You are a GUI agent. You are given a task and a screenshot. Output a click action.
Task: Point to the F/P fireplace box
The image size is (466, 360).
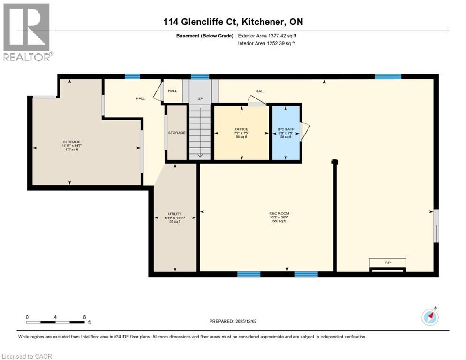(x=387, y=263)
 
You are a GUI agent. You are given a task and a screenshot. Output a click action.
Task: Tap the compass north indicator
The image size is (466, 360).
(x=429, y=317)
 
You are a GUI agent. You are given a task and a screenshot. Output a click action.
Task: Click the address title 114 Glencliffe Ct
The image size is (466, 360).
(x=230, y=22)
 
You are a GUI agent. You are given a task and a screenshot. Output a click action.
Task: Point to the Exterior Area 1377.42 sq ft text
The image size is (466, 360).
(x=267, y=36)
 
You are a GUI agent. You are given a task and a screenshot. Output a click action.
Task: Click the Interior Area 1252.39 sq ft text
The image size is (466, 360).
(x=266, y=43)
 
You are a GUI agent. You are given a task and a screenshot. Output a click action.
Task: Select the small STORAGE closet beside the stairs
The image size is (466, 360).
(x=177, y=133)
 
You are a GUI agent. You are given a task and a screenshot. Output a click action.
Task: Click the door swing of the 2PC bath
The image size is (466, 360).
(x=305, y=131)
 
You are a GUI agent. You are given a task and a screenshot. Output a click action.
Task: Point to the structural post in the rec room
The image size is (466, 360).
(x=335, y=162)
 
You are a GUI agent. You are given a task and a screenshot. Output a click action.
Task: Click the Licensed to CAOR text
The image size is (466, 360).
(x=27, y=356)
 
